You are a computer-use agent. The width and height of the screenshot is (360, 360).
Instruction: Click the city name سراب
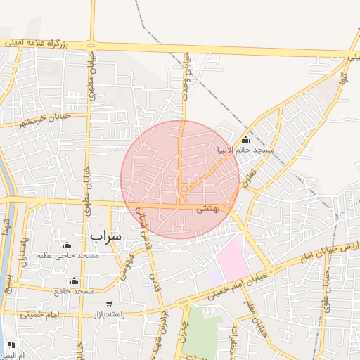(x=107, y=236)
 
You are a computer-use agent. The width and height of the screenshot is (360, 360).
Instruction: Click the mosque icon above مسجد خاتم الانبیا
(x=245, y=140)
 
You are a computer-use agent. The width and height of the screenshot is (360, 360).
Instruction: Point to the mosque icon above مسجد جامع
(x=74, y=281)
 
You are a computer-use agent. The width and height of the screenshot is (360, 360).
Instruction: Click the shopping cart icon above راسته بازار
(x=107, y=304)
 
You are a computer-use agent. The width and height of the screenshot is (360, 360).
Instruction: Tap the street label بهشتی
(x=209, y=208)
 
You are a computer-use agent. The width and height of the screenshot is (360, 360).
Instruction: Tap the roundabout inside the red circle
(x=184, y=188)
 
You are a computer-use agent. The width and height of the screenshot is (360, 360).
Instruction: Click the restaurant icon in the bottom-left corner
(x=11, y=345)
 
